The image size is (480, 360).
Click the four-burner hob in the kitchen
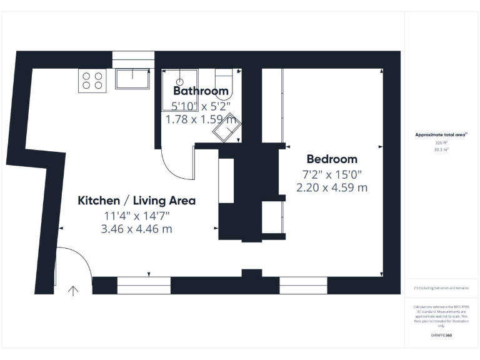pyautogui.click(x=92, y=81)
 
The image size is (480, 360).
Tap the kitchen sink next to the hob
pyautogui.click(x=132, y=79)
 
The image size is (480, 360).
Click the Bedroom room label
pyautogui.click(x=331, y=159)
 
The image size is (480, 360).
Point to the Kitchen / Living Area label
pyautogui.click(x=136, y=201)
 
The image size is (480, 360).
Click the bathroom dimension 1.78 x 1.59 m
pyautogui.click(x=200, y=119)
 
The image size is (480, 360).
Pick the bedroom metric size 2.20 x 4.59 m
pyautogui.click(x=331, y=187)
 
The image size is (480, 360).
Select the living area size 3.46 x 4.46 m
pyautogui.click(x=136, y=229)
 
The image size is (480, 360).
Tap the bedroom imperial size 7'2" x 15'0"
pyautogui.click(x=331, y=173)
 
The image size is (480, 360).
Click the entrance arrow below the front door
pyautogui.click(x=73, y=291)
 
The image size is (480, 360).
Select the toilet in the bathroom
pyautogui.click(x=223, y=81)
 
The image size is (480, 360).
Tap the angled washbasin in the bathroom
pyautogui.click(x=226, y=128)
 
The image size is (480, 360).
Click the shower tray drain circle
pyautogui.click(x=180, y=81)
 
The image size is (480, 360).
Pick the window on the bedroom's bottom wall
pyautogui.click(x=303, y=286)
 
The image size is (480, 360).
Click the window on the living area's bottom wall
pyautogui.click(x=144, y=286)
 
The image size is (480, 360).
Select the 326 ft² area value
pyautogui.click(x=441, y=142)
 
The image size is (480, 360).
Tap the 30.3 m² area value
pyautogui.click(x=441, y=150)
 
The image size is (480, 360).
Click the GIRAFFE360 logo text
pyautogui.click(x=441, y=336)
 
